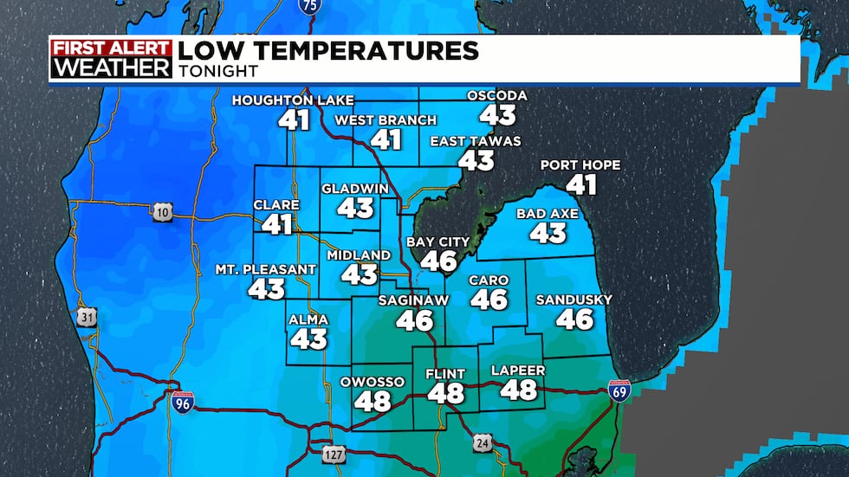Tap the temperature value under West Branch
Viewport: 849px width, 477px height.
click(386, 139)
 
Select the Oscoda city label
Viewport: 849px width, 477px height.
click(497, 95)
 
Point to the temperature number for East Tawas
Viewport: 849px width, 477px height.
click(476, 160)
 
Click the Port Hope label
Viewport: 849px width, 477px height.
click(580, 165)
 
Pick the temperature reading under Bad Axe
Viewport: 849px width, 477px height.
click(548, 232)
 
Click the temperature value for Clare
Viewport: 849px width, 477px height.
click(277, 225)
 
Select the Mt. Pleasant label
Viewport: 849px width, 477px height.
click(266, 269)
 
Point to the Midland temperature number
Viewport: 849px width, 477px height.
click(359, 274)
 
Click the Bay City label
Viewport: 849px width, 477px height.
click(437, 242)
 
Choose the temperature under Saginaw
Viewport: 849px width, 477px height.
click(414, 320)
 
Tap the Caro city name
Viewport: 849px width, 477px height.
click(489, 280)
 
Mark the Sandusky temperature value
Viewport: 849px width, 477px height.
click(574, 319)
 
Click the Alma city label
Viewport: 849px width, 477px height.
click(308, 319)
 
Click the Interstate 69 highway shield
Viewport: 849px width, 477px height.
click(619, 390)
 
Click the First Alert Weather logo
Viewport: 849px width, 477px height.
click(110, 59)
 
